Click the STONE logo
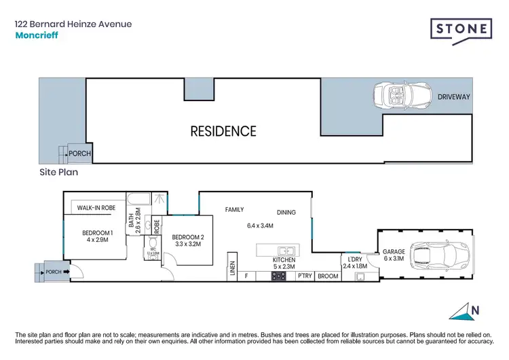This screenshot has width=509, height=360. [x=461, y=30]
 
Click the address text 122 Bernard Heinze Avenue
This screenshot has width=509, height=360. [x=73, y=24]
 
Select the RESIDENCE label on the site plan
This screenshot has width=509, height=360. [x=223, y=131]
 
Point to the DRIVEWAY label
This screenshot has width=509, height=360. [x=453, y=97]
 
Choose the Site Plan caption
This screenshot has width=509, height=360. [x=58, y=173]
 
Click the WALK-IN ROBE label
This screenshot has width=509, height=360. [x=95, y=208]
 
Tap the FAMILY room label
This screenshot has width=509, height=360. [x=234, y=210]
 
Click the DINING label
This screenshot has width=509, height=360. [x=286, y=212]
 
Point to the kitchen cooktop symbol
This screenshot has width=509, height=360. [x=278, y=276]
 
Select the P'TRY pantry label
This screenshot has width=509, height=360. [x=305, y=276]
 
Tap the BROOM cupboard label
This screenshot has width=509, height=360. [x=328, y=276]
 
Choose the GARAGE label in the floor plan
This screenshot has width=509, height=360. [x=394, y=251]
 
